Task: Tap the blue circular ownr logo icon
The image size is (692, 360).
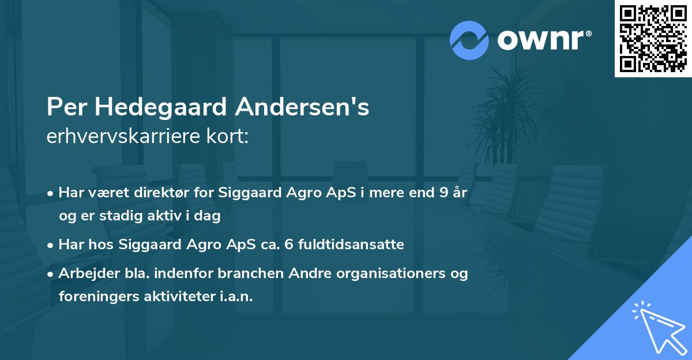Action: pos(469,40)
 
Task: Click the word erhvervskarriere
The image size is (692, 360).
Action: pos(125,136)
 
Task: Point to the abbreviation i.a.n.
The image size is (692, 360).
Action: pos(235,297)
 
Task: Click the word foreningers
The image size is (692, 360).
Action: pos(92,297)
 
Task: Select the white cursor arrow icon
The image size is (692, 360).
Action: pos(660,327)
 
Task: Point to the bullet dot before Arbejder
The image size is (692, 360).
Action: pos(51,274)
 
